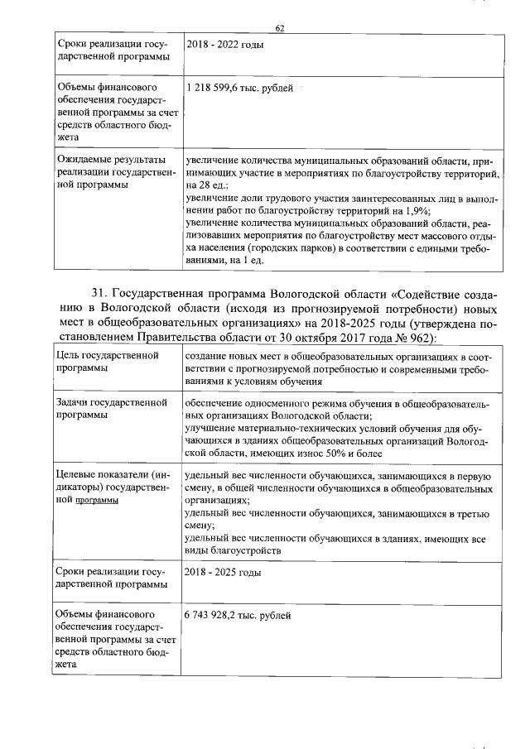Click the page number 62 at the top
280,28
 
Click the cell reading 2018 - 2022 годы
224,44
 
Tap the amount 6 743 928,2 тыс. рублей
238,616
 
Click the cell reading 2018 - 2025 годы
223,573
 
